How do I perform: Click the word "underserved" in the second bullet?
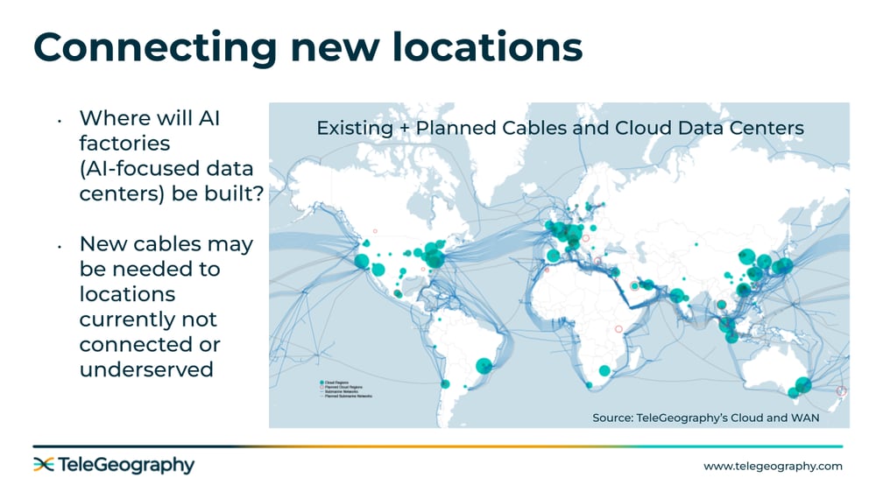[146, 369]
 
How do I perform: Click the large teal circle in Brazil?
[483, 365]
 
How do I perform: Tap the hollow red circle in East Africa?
[618, 328]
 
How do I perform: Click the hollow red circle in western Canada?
[375, 231]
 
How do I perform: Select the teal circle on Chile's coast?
[445, 384]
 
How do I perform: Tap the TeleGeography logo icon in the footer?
[44, 465]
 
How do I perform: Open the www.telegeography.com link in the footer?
[773, 466]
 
